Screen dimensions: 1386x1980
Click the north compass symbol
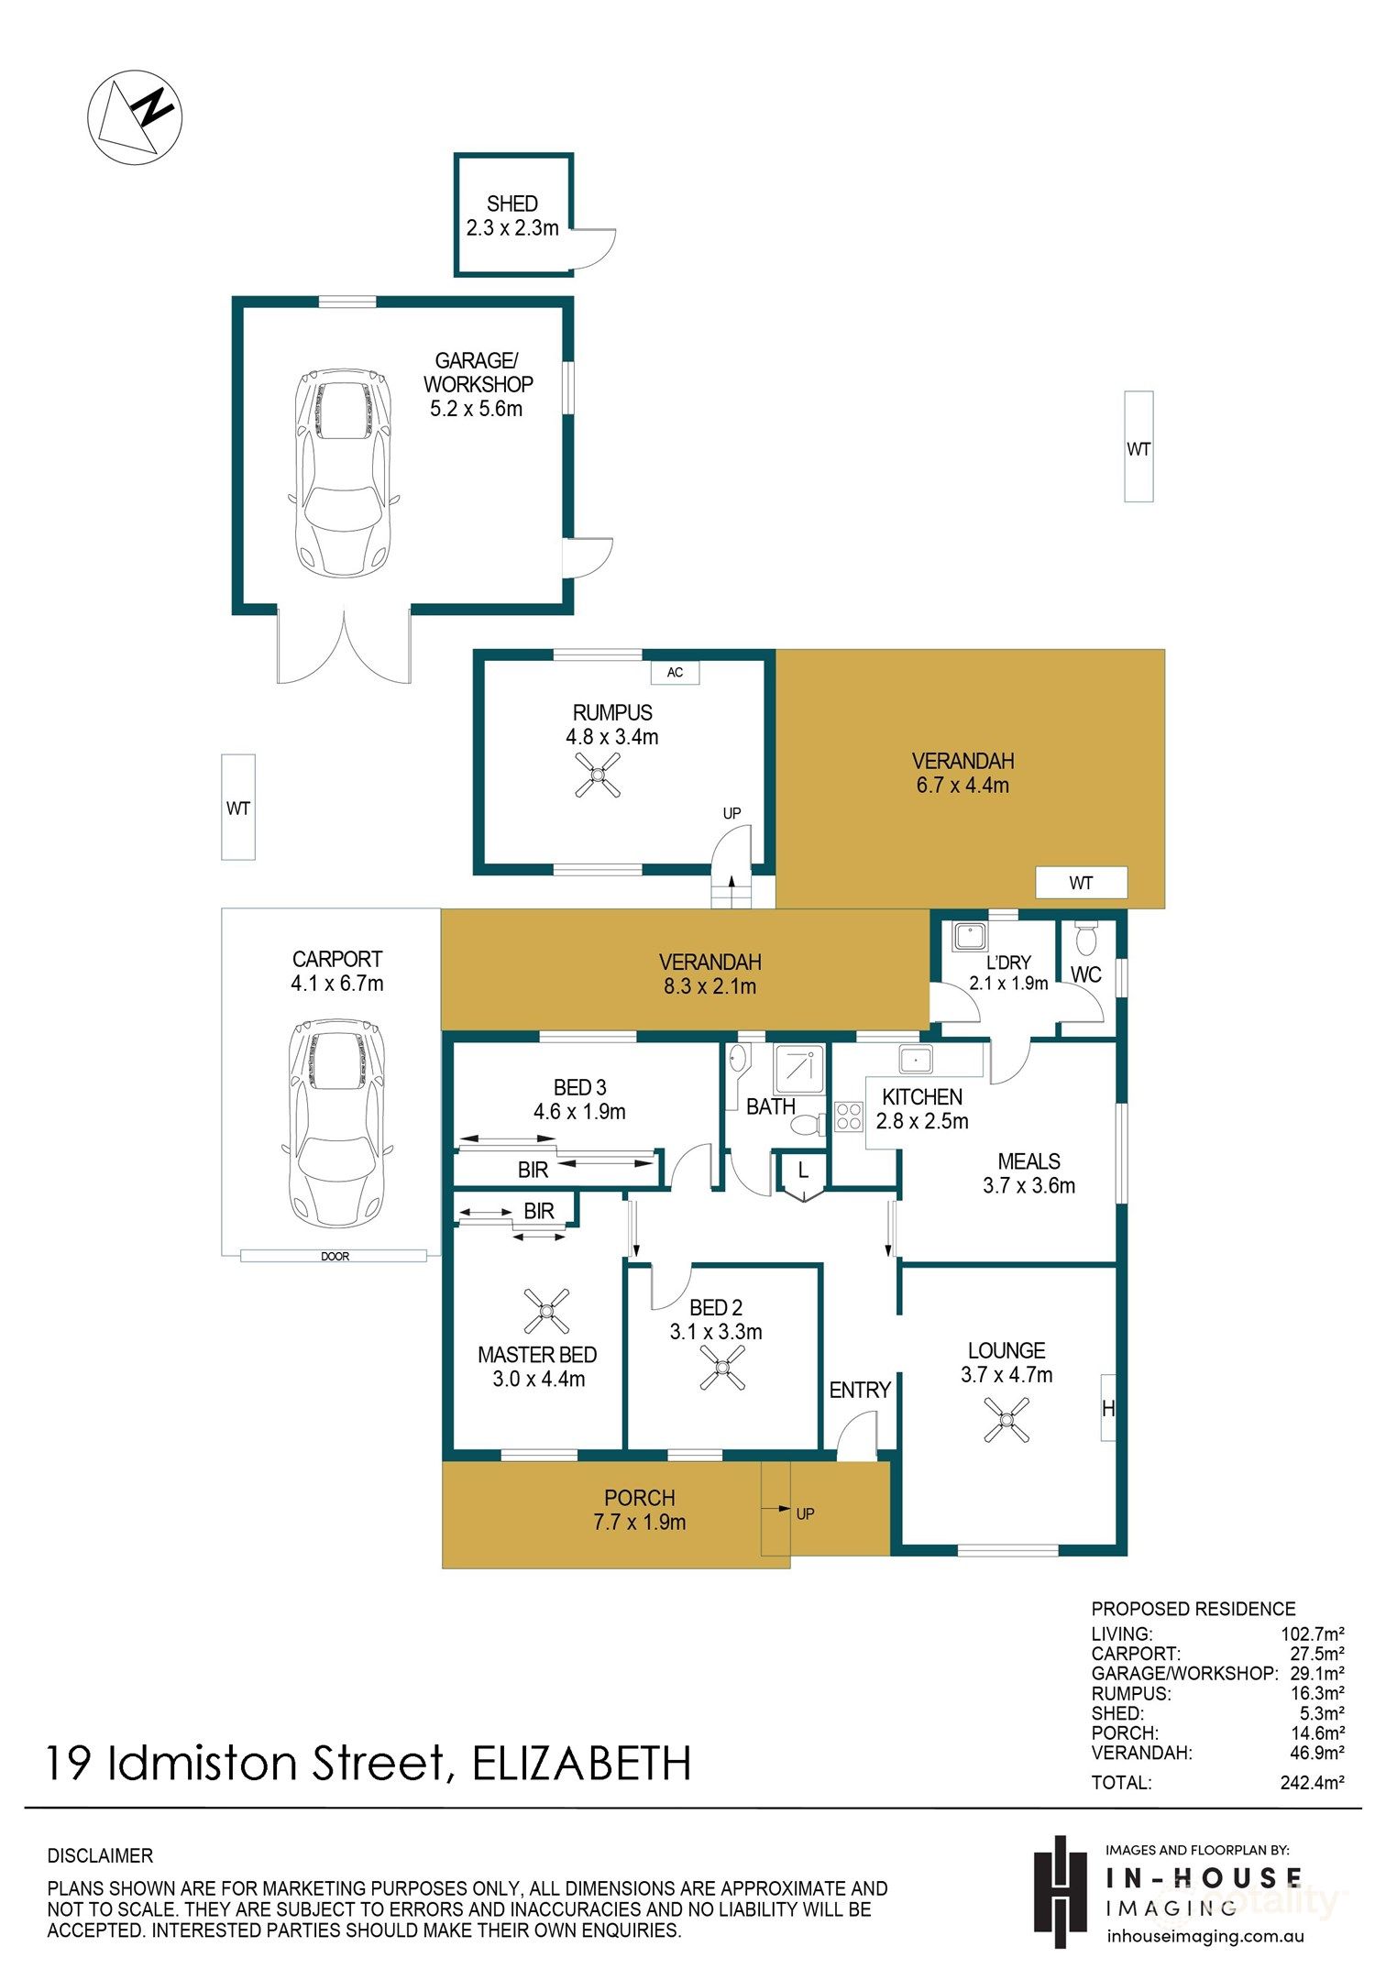coord(135,118)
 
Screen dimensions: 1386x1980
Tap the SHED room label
coord(512,203)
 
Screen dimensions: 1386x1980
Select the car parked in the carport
coord(335,1124)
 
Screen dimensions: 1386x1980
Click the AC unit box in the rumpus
coord(675,673)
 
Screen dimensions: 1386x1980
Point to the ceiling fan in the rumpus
coord(598,775)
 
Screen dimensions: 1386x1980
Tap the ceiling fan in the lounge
coord(1006,1420)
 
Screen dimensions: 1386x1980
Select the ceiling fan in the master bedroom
coord(546,1311)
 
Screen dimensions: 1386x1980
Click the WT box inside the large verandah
coord(1082,883)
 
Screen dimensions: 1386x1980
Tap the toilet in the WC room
coord(1086,938)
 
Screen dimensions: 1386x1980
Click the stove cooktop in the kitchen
coord(848,1116)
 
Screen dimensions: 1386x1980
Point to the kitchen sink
coord(915,1060)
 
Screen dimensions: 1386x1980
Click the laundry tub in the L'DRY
coord(969,937)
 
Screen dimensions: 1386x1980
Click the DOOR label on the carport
coord(335,1256)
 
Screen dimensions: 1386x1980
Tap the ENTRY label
coord(860,1390)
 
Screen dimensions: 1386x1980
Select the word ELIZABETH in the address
coord(581,1763)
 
